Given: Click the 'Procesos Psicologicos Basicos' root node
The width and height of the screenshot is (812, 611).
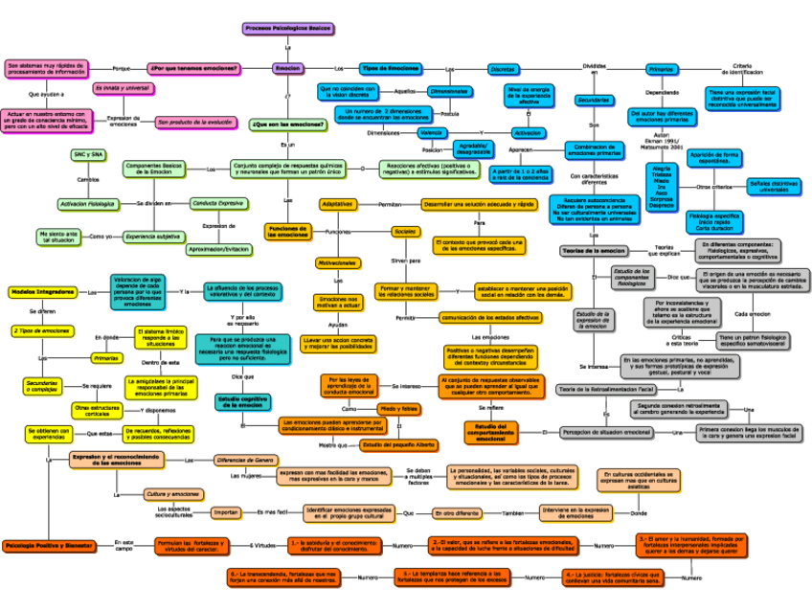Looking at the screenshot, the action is (x=287, y=29).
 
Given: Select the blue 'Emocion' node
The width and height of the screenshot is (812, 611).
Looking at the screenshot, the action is (x=287, y=69).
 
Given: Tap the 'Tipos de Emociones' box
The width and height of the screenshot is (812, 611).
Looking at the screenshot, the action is (x=390, y=69).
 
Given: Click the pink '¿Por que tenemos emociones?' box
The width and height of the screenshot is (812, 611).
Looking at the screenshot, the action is (x=194, y=69).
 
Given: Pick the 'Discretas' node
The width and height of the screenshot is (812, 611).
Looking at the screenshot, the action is (x=502, y=70).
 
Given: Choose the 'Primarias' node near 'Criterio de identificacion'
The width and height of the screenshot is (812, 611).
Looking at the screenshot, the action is (x=661, y=70).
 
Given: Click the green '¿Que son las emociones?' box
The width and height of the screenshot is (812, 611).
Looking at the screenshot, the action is (x=286, y=124).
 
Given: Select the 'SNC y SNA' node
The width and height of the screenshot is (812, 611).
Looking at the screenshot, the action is (x=88, y=154).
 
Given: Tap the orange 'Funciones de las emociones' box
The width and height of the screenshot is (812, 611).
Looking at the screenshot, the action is (x=287, y=232).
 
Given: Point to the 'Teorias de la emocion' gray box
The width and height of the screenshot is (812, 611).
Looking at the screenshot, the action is (x=594, y=251).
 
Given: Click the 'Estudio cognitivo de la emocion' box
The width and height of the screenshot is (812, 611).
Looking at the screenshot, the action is (x=242, y=402).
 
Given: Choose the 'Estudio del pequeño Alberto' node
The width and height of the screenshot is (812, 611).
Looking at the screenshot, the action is (x=399, y=445).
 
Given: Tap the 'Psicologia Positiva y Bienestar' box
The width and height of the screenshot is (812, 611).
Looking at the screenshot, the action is (x=48, y=546).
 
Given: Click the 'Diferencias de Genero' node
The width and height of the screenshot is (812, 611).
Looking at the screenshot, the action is (x=245, y=460).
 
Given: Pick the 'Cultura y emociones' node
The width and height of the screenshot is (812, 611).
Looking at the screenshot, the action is (x=172, y=494).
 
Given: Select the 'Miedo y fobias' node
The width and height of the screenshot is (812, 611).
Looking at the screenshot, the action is (x=399, y=409).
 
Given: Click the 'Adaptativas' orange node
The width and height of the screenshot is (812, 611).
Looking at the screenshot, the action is (x=337, y=204).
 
